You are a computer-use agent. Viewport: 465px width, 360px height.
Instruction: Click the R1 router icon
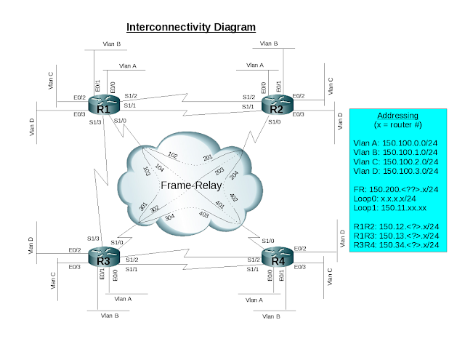pyautogui.click(x=104, y=105)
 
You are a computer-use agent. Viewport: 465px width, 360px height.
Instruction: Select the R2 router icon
pyautogui.click(x=278, y=105)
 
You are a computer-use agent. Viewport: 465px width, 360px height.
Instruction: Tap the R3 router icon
pyautogui.click(x=104, y=257)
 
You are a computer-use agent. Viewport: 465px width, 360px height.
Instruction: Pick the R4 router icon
pyautogui.click(x=278, y=257)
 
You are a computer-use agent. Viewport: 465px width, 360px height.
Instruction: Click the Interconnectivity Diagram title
pyautogui.click(x=191, y=27)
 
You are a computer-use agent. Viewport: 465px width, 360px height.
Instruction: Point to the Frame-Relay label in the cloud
pyautogui.click(x=191, y=185)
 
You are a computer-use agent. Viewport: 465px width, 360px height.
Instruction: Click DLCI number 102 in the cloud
pyautogui.click(x=173, y=155)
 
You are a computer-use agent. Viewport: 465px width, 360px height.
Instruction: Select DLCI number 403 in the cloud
pyautogui.click(x=203, y=214)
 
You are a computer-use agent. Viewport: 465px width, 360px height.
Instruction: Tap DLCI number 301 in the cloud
pyautogui.click(x=143, y=207)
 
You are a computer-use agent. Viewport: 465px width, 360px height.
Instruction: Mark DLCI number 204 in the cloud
pyautogui.click(x=234, y=175)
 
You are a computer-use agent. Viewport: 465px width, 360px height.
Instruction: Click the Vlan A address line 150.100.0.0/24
pyautogui.click(x=395, y=143)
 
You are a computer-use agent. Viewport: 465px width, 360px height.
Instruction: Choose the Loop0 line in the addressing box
pyautogui.click(x=384, y=199)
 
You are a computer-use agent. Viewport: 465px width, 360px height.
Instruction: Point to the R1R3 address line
pyautogui.click(x=396, y=236)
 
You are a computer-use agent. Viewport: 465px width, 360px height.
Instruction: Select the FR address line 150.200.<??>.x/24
pyautogui.click(x=396, y=189)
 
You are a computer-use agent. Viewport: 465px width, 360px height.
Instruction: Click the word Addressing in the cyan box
pyautogui.click(x=397, y=116)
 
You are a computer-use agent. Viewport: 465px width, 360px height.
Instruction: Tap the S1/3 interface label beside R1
pyautogui.click(x=95, y=122)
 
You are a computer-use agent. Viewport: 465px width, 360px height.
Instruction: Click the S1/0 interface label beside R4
pyautogui.click(x=268, y=241)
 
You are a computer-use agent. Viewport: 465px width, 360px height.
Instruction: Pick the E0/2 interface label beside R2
pyautogui.click(x=299, y=96)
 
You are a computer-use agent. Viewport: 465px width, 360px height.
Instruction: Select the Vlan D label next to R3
pyautogui.click(x=31, y=245)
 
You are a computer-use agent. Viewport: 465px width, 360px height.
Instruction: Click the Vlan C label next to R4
pyautogui.click(x=329, y=277)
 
